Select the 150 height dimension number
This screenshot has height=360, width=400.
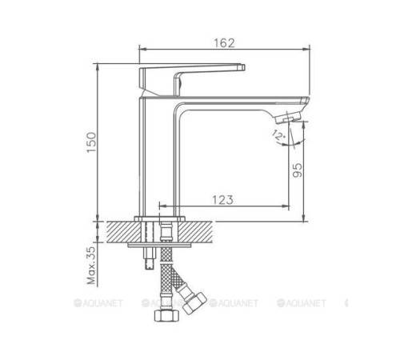(x=92, y=141)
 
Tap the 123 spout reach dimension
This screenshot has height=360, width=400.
(x=223, y=199)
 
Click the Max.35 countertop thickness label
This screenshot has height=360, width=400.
(x=92, y=263)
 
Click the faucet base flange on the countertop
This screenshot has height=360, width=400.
(x=160, y=218)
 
